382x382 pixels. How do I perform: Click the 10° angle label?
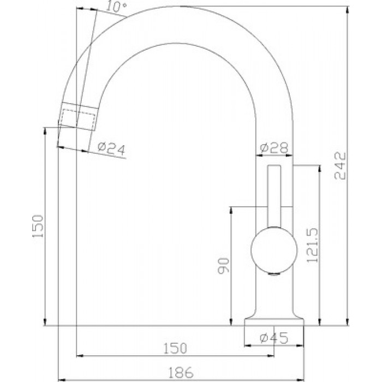117,7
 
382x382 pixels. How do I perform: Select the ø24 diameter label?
111,148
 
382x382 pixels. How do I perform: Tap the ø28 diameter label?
274,148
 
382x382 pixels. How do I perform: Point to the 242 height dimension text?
340,166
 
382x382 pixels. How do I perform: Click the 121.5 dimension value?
313,245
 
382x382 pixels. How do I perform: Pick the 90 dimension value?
224,266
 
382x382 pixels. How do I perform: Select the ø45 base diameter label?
274,338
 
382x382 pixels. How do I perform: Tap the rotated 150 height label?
38,226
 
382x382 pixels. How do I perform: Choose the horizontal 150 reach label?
175,348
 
